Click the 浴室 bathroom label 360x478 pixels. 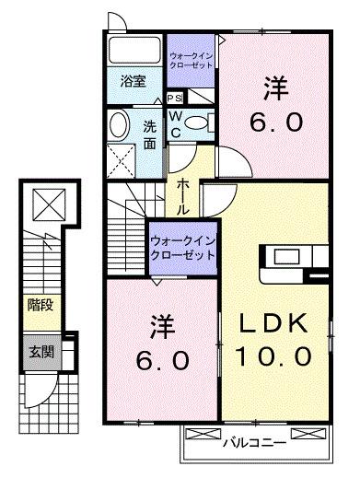134,81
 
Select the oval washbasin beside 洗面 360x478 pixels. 120,124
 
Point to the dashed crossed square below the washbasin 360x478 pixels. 121,157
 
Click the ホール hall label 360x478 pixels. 184,196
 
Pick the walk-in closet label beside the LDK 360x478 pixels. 181,246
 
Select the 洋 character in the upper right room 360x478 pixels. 276,90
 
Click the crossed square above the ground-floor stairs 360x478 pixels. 43,202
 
